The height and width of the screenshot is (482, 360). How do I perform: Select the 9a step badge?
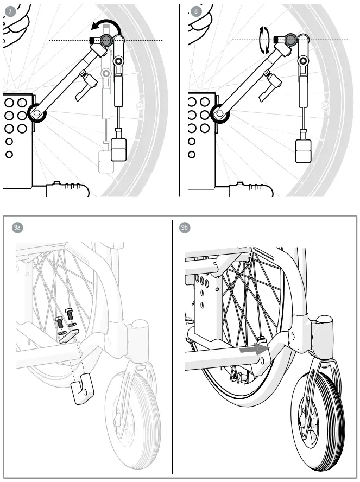(17, 227)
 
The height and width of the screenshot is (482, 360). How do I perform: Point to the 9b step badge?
(185, 227)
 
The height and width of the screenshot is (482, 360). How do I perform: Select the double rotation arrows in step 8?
(264, 41)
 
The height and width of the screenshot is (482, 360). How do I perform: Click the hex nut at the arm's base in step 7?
(36, 113)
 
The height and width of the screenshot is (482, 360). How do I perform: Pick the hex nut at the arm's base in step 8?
(222, 113)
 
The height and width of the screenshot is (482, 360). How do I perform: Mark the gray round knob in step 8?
(290, 40)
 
